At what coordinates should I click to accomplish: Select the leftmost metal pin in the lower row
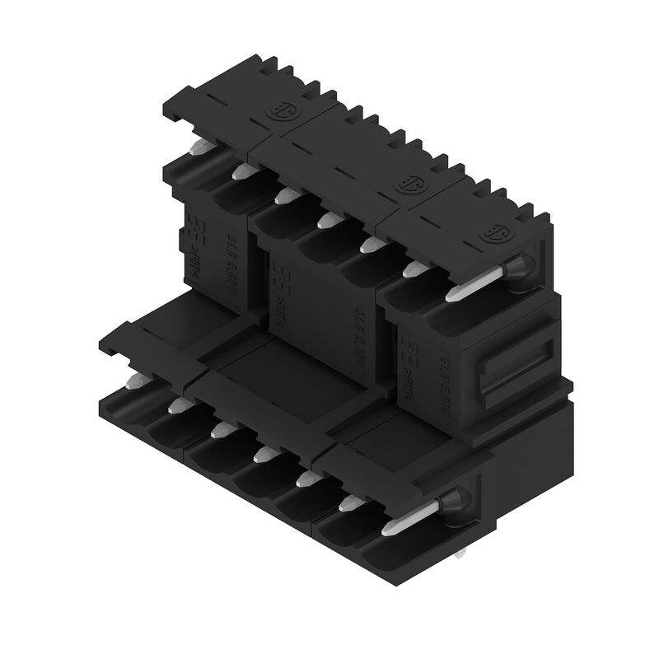click(136, 381)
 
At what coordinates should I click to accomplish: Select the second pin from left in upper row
click(241, 171)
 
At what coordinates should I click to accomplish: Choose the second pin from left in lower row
click(177, 404)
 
